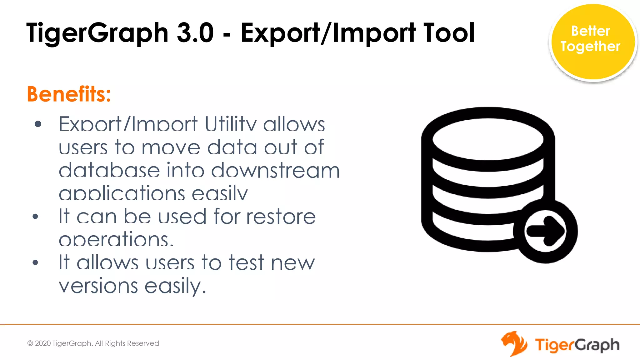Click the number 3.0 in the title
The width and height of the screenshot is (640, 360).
[195, 33]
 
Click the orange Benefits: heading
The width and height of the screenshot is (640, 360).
[69, 94]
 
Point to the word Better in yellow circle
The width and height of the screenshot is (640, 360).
[590, 31]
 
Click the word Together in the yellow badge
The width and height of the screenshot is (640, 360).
[590, 47]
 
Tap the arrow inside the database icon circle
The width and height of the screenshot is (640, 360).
[546, 231]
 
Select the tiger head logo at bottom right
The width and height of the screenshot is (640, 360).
[513, 344]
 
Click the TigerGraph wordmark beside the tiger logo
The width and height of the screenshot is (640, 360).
[577, 345]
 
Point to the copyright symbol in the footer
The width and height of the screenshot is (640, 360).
[30, 343]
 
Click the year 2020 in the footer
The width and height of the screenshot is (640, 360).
[43, 343]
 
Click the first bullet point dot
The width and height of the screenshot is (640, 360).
[38, 124]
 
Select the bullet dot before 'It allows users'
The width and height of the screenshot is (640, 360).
[35, 262]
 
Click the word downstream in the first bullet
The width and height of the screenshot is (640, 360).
[275, 171]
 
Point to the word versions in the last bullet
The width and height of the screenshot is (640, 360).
[98, 286]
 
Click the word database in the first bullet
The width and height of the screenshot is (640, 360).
[109, 171]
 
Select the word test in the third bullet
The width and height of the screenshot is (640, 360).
[246, 262]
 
